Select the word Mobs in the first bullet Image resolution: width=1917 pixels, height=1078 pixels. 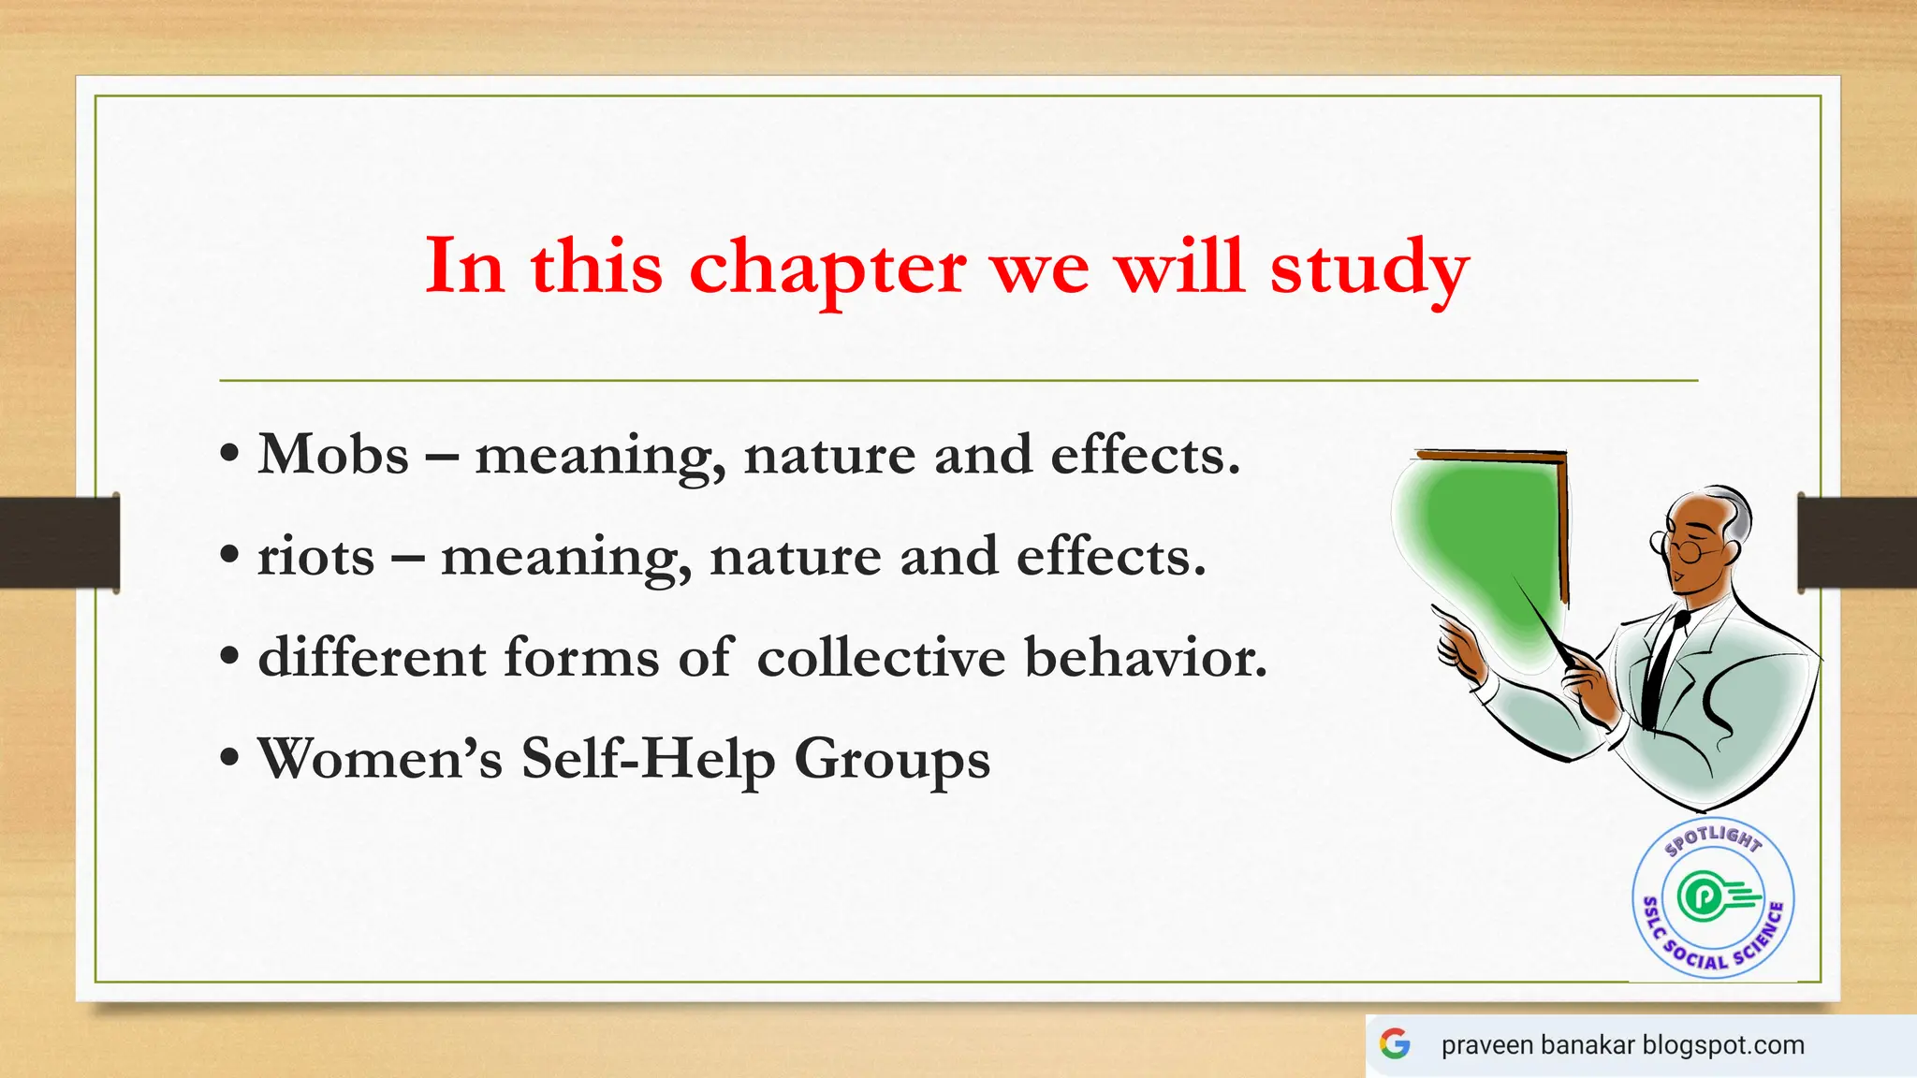pos(333,456)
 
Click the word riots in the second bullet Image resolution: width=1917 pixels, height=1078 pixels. pos(315,558)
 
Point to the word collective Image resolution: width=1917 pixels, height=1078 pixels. pos(880,658)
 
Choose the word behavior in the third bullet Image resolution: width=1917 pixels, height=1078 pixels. pos(1145,658)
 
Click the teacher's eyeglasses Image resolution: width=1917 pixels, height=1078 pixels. pos(1680,547)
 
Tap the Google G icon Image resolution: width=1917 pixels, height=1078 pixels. pos(1395,1043)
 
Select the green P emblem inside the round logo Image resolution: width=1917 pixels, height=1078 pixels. pos(1701,896)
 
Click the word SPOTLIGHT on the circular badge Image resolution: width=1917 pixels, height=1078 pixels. pos(1713,837)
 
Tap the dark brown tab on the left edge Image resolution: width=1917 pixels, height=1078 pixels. pos(59,543)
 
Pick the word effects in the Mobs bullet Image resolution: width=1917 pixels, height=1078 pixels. pos(1144,456)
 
